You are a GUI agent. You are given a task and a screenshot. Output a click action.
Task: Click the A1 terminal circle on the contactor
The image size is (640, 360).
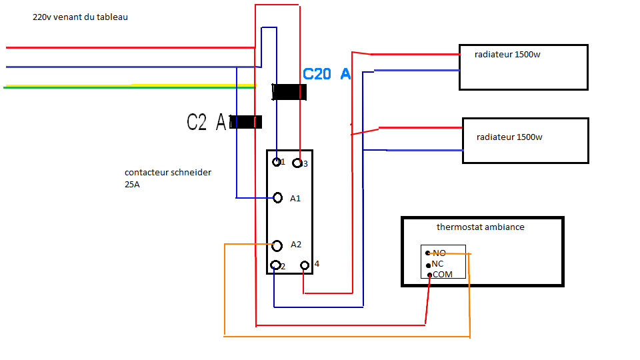coord(279,197)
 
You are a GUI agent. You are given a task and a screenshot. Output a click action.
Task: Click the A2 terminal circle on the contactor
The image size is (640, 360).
coord(277,245)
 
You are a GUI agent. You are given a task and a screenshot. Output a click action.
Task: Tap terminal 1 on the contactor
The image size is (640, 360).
coord(277,161)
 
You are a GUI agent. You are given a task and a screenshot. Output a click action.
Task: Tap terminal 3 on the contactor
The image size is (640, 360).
coord(298,163)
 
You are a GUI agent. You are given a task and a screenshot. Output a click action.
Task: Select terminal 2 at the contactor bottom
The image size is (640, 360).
coord(275,265)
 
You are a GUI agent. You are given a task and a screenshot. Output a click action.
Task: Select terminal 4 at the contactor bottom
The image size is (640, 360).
coord(305,265)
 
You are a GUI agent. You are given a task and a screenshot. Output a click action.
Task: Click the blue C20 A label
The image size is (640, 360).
coord(327,74)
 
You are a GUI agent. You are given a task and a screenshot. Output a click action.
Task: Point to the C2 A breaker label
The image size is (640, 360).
coord(207,122)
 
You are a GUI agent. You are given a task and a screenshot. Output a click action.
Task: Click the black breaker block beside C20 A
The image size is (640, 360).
coord(289,92)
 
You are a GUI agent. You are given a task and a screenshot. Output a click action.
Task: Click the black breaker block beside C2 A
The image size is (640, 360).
coord(245,122)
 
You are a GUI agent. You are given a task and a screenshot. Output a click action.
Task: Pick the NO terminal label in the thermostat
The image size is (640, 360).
coord(439,253)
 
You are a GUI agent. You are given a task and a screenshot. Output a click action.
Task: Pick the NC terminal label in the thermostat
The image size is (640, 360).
coord(437,264)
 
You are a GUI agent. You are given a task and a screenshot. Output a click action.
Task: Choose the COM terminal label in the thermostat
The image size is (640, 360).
coord(443,275)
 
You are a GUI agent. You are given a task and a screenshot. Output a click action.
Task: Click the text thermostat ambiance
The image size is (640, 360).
coord(480,227)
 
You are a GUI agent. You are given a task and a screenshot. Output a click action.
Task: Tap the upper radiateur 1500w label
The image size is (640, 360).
coord(507,55)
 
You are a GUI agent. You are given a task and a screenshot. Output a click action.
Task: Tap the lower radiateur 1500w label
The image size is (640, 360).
coord(509,137)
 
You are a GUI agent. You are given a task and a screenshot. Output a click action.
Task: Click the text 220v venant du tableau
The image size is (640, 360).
coord(80,17)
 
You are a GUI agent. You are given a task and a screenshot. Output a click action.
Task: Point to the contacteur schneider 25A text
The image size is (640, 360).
coord(168,178)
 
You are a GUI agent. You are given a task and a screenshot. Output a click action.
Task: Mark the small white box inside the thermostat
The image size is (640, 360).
coord(443,263)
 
